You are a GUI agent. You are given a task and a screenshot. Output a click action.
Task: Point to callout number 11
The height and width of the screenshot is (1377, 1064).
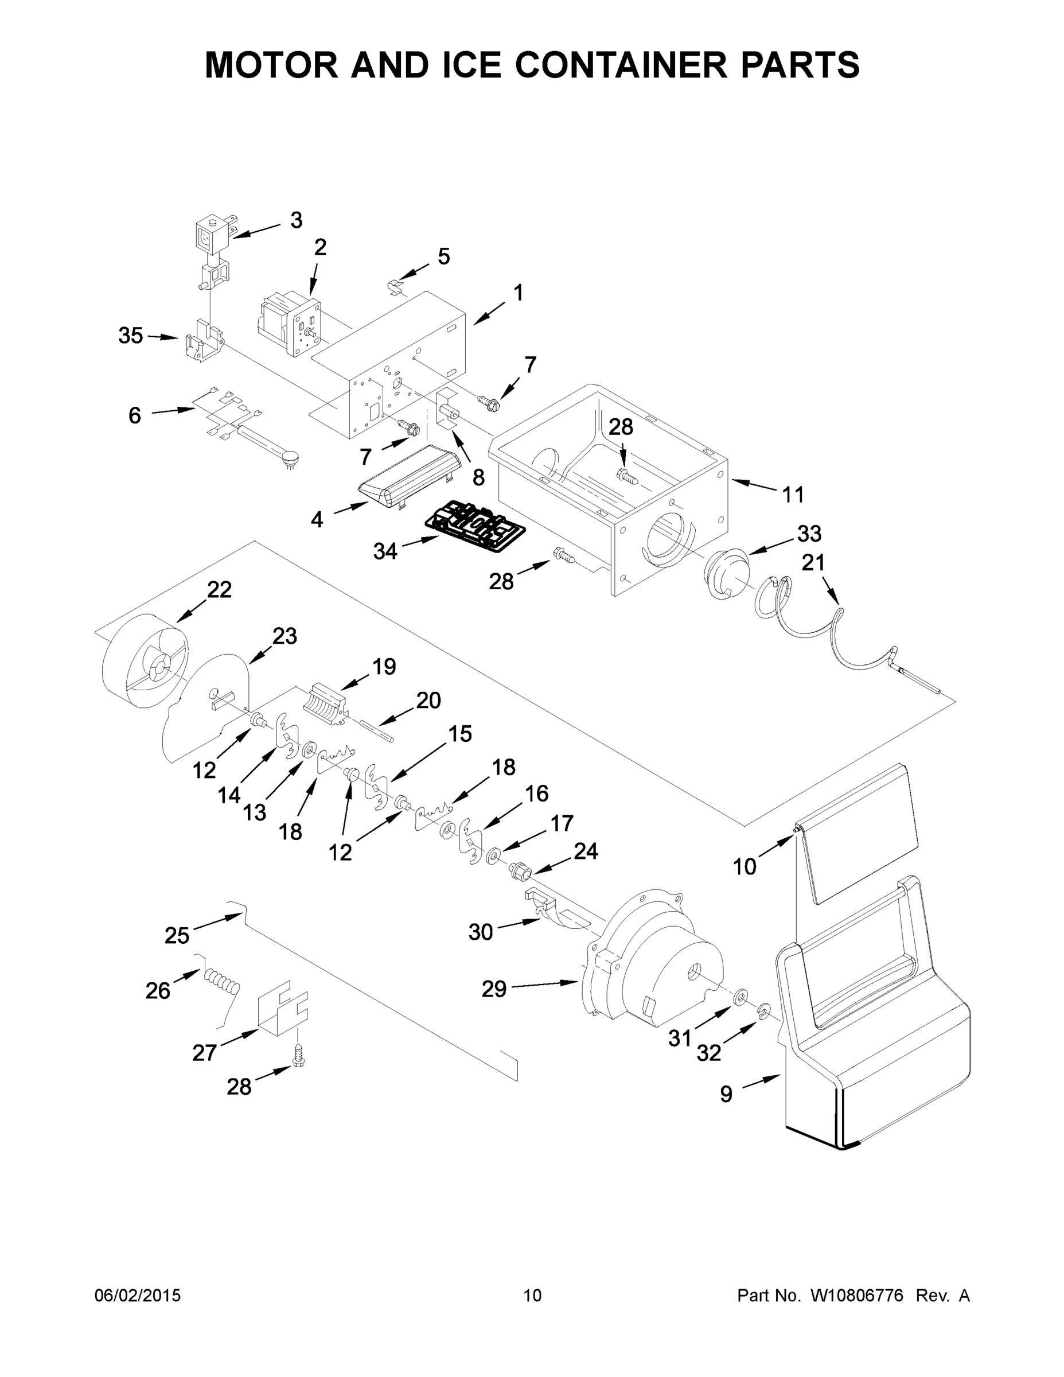pos(793,495)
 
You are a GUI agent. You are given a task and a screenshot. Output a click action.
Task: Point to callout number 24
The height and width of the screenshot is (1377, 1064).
pos(585,851)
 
